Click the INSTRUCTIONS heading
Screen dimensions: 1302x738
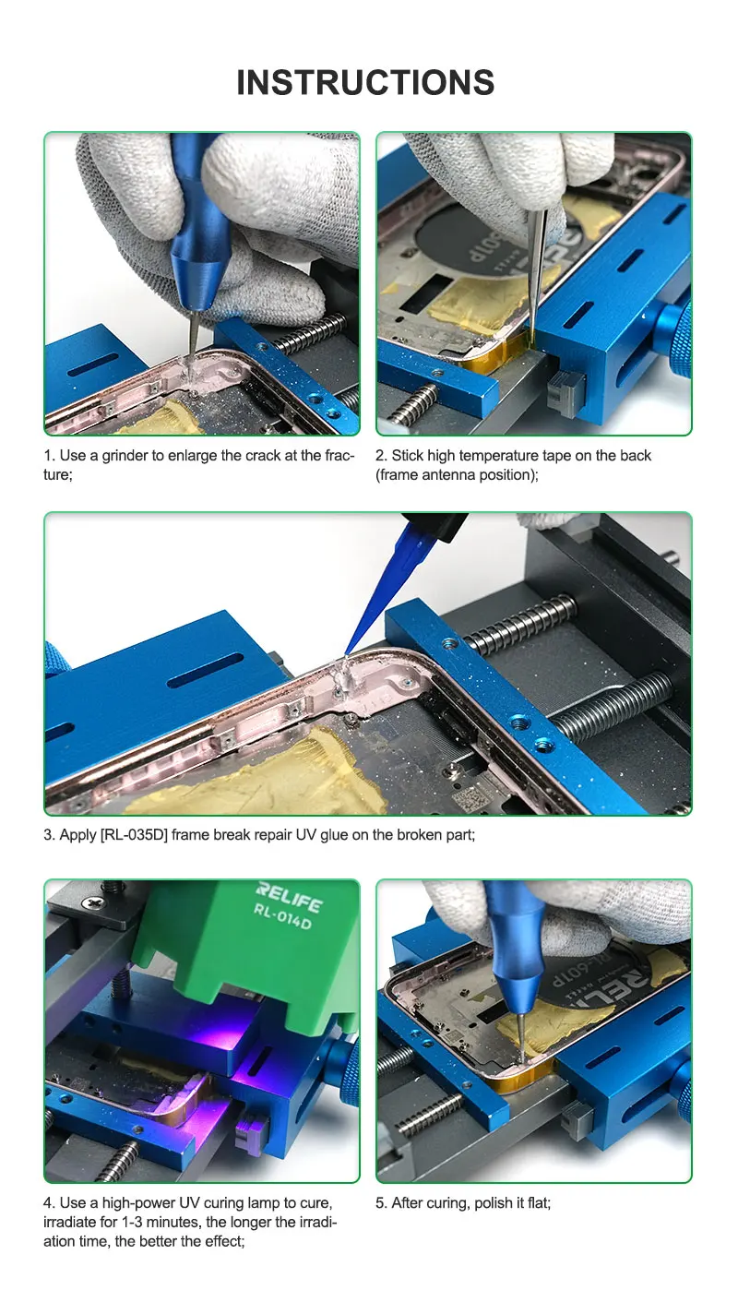365,82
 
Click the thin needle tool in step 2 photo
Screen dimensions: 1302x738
539,268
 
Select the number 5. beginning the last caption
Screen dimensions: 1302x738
382,1203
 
